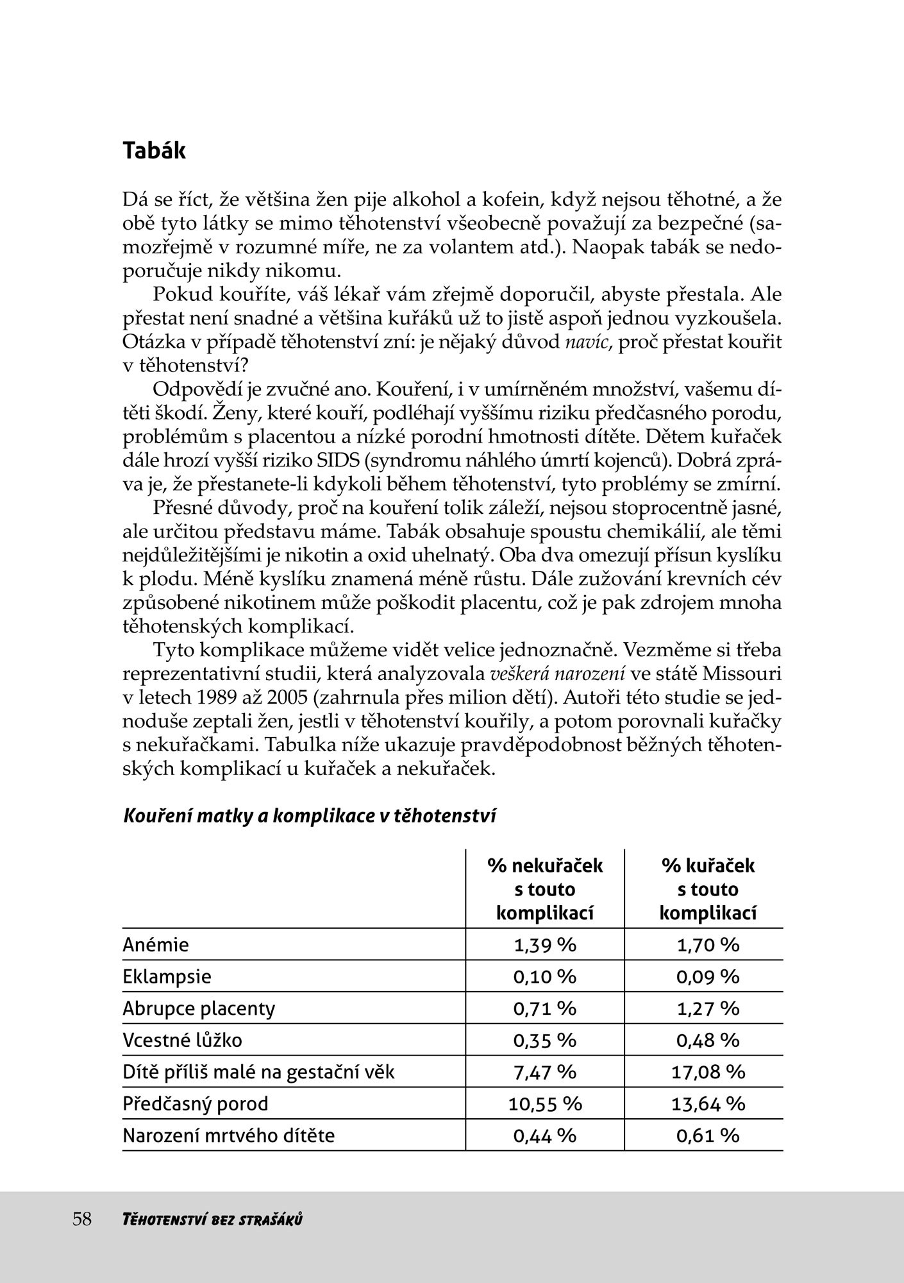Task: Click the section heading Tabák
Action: click(154, 151)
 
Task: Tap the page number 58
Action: click(82, 1219)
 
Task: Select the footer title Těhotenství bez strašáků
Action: click(212, 1219)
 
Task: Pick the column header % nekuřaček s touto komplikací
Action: click(545, 889)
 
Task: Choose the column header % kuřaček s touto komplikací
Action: click(708, 889)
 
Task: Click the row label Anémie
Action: click(156, 945)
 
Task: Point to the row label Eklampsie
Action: click(167, 977)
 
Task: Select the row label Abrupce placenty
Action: click(199, 1008)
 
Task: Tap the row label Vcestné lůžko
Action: click(182, 1040)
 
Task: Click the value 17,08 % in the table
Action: click(708, 1072)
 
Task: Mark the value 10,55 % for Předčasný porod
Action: click(545, 1104)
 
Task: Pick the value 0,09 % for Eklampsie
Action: click(708, 977)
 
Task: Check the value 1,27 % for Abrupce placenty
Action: click(708, 1008)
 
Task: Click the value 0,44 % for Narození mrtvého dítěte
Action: click(545, 1136)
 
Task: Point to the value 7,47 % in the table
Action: click(545, 1072)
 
